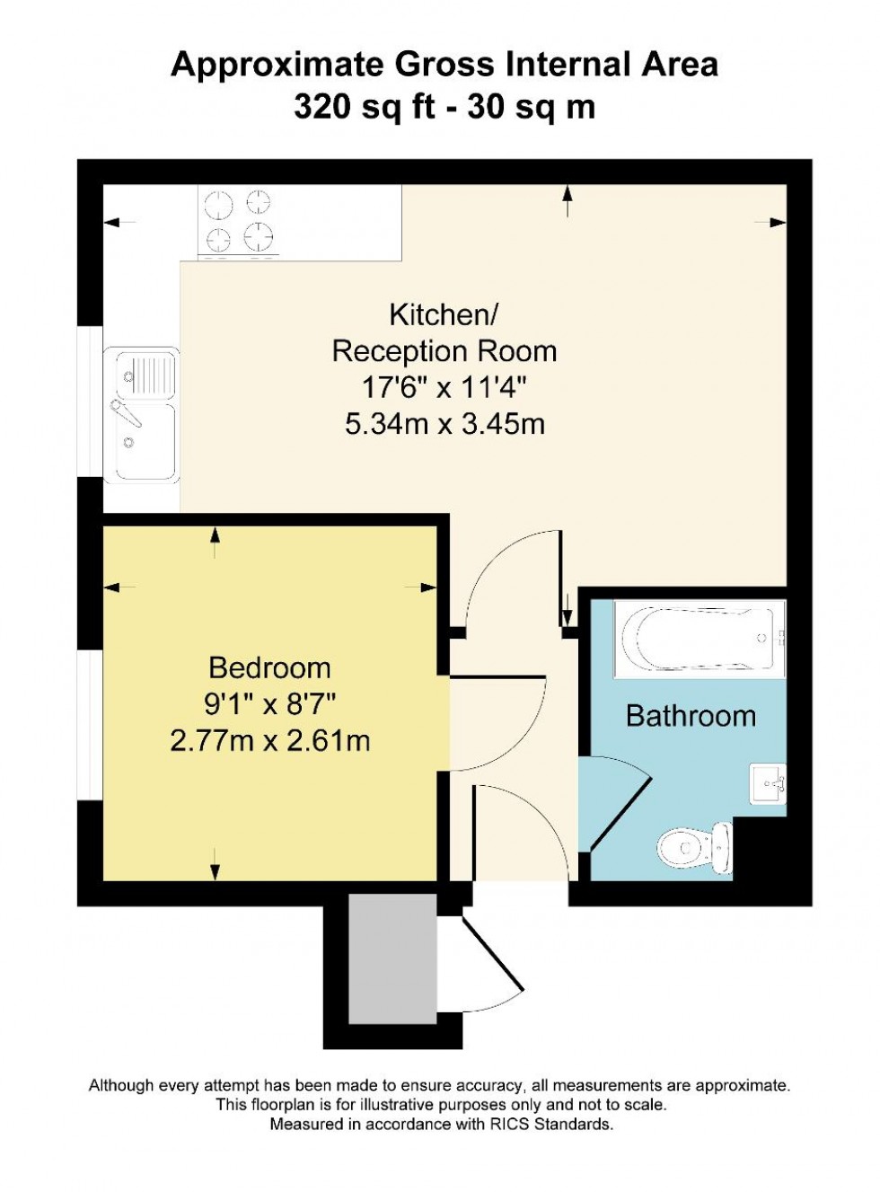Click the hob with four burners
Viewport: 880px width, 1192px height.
click(x=239, y=221)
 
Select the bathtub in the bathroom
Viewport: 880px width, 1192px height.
click(x=699, y=639)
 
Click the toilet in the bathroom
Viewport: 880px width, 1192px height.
click(x=692, y=847)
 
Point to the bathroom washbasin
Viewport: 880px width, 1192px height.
click(x=768, y=784)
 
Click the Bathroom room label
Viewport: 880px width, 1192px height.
click(x=691, y=716)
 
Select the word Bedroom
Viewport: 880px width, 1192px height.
click(x=269, y=667)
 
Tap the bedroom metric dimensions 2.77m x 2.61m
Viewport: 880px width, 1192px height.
click(x=269, y=740)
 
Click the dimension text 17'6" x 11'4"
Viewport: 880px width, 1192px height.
click(x=444, y=387)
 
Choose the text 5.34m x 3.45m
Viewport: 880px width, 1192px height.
click(x=444, y=423)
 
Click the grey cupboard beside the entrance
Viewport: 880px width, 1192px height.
click(x=392, y=958)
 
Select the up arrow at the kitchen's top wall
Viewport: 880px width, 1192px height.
click(x=568, y=199)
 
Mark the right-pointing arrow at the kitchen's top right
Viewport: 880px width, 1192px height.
click(x=776, y=222)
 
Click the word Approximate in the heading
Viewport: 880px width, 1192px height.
click(x=277, y=65)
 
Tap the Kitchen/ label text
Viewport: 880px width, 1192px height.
click(x=444, y=314)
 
